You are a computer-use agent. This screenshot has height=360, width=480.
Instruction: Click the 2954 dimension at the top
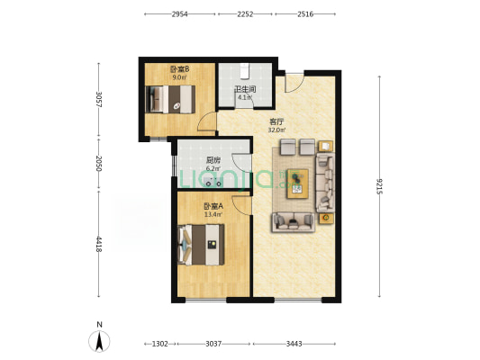(x=180, y=14)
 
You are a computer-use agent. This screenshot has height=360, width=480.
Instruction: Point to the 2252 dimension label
(x=245, y=14)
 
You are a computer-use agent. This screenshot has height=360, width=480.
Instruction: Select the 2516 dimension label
(x=305, y=14)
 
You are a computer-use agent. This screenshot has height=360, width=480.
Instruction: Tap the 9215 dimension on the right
(x=380, y=186)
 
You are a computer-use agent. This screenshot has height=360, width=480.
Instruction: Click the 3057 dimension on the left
(x=98, y=99)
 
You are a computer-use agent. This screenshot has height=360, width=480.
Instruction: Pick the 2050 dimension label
(x=98, y=163)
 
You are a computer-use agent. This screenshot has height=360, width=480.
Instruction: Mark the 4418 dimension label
(x=98, y=244)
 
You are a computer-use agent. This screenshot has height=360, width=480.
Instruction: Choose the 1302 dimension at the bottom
(x=160, y=344)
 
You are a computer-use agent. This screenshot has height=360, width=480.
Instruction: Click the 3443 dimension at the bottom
(x=294, y=344)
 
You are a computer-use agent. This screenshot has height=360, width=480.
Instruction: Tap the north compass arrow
(x=99, y=341)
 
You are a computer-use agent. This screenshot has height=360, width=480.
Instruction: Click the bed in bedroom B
(x=170, y=99)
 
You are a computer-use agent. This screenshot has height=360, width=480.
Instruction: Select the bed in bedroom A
(x=201, y=245)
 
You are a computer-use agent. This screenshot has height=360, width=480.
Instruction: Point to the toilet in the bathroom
(x=244, y=71)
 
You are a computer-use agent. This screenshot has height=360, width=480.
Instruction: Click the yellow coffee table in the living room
(x=297, y=184)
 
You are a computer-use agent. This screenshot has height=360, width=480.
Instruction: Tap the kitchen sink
(x=212, y=181)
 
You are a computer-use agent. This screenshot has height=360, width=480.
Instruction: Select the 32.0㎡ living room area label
(x=276, y=130)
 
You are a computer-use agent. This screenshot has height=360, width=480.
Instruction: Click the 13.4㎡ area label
(x=213, y=214)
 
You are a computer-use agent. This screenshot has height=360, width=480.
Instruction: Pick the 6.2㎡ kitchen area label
(x=213, y=168)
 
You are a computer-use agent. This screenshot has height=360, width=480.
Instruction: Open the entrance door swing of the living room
(x=294, y=83)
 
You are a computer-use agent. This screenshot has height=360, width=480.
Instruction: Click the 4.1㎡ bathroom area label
(x=245, y=97)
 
